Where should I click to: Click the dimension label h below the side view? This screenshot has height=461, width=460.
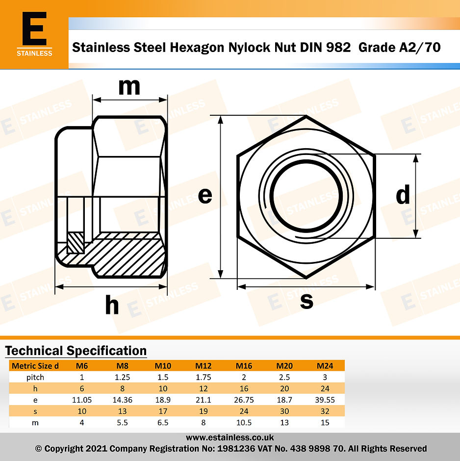coord(112,306)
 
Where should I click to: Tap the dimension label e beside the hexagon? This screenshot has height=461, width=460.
coord(205,196)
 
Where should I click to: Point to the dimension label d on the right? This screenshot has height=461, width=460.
coord(403,196)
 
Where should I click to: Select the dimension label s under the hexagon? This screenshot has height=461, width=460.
coord(307,301)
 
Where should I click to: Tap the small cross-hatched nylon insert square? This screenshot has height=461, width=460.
coord(76,242)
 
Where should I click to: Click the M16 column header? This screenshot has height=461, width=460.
coord(244,365)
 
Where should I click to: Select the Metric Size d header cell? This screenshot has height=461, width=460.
coord(35,365)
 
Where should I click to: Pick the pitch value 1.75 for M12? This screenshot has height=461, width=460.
coord(203,377)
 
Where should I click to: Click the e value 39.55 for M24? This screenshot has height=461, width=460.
coord(325,400)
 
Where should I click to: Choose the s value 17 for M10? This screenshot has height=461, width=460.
coord(163,411)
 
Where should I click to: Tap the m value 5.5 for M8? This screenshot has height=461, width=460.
coord(122,422)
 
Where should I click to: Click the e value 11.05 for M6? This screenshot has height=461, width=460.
coord(81,400)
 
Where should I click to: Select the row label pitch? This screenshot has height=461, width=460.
coord(35,377)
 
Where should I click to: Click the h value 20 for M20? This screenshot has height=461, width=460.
coord(284,388)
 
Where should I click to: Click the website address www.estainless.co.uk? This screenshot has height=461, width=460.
coord(230,437)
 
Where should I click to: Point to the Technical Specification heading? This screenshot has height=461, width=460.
coord(76,351)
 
